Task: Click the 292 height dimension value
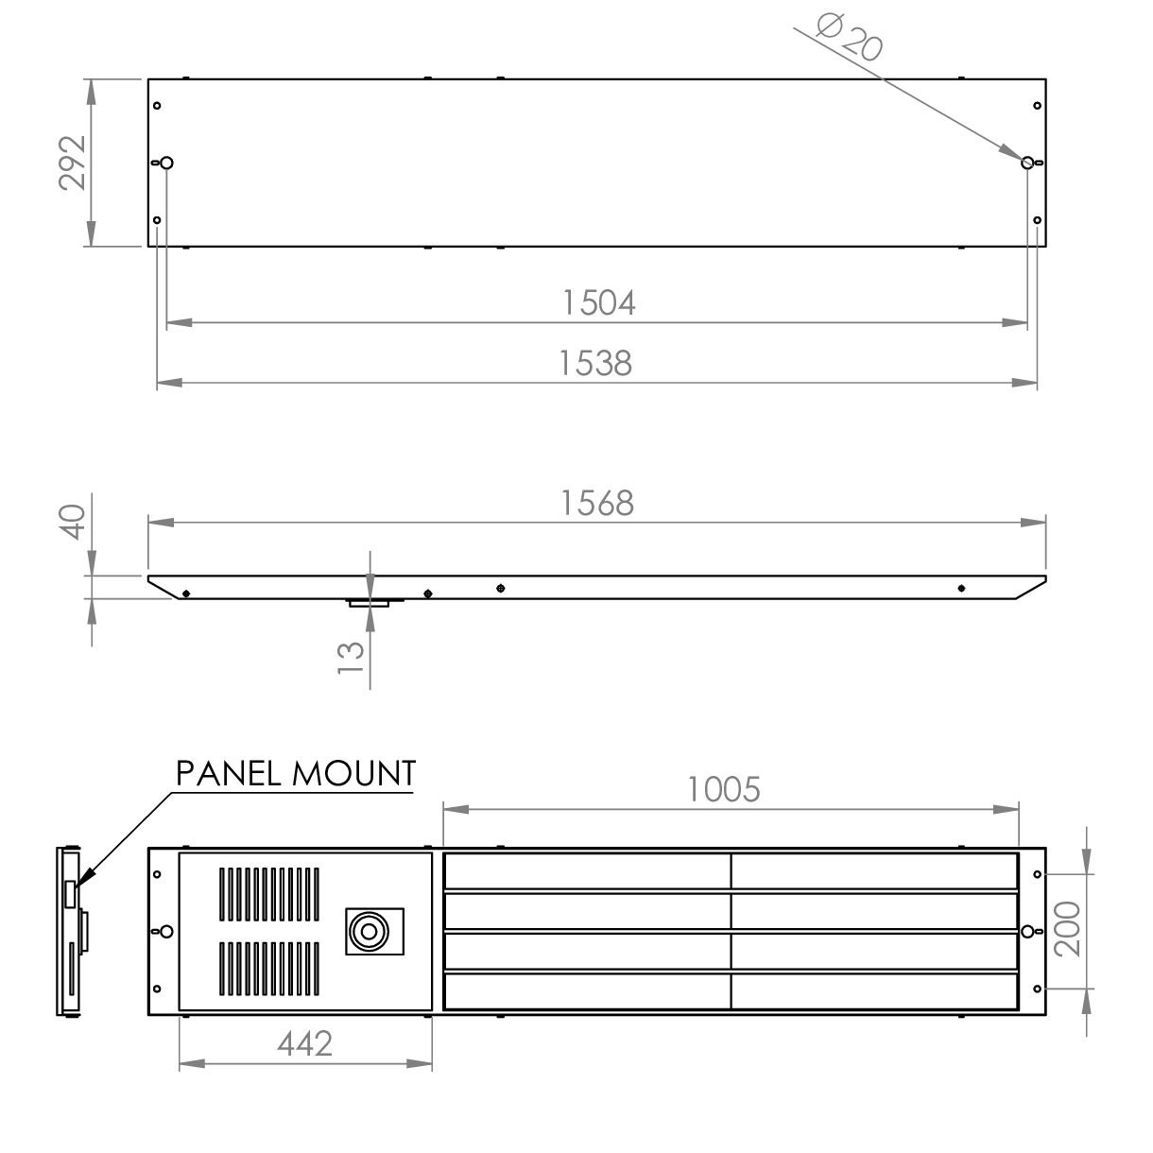tap(73, 163)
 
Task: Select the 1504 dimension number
tap(598, 302)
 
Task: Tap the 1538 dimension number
tap(595, 363)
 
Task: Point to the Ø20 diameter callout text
tap(850, 37)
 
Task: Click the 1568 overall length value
tap(597, 503)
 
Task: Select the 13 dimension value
tap(351, 658)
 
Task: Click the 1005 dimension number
tap(723, 789)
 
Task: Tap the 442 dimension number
tap(304, 1044)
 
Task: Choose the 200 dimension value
tap(1067, 929)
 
